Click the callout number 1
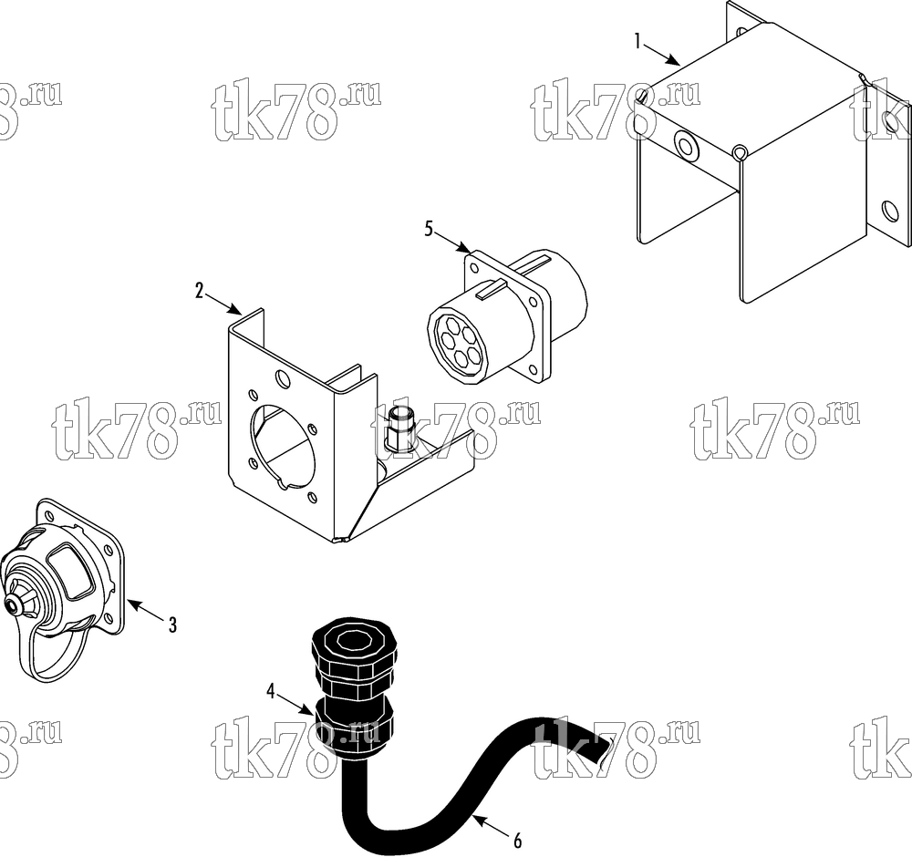pyautogui.click(x=638, y=41)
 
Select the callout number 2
pyautogui.click(x=200, y=291)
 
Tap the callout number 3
pyautogui.click(x=172, y=625)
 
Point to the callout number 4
pyautogui.click(x=271, y=691)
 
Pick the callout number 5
pyautogui.click(x=429, y=230)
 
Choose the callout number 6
pyautogui.click(x=518, y=841)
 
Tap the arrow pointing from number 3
pyautogui.click(x=144, y=611)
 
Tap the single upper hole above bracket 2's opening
pyautogui.click(x=283, y=379)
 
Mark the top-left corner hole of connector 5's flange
pyautogui.click(x=474, y=269)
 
